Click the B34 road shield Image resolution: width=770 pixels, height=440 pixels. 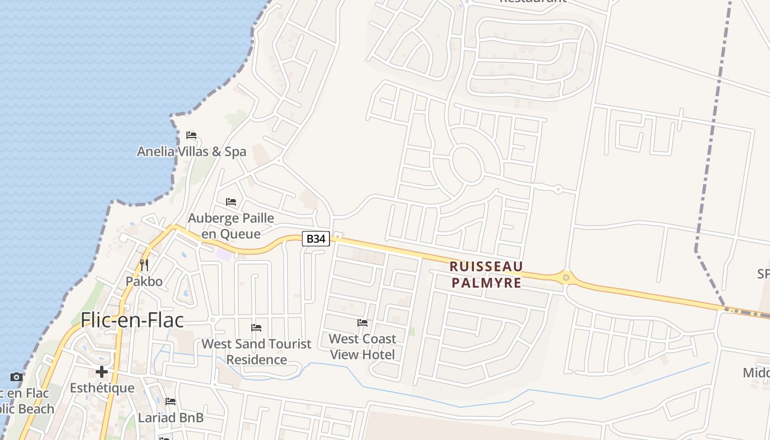click(316, 239)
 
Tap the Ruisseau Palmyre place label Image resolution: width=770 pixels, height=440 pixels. click(486, 274)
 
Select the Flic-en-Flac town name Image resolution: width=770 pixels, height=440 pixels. click(132, 320)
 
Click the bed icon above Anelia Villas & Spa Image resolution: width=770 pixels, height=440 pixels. click(191, 135)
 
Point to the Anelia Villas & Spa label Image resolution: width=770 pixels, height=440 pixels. click(191, 151)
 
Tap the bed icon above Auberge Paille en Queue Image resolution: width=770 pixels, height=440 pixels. click(231, 202)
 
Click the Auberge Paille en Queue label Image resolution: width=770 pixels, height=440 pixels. click(231, 226)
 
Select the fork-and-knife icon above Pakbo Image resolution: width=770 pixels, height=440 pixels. click(144, 265)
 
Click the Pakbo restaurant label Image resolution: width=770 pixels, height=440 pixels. click(144, 282)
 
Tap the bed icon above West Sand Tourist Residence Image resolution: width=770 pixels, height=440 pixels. click(256, 328)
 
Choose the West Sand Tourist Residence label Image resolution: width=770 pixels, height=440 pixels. click(256, 351)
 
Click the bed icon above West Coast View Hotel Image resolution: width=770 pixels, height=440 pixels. click(362, 322)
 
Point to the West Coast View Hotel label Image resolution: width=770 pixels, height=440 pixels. click(362, 346)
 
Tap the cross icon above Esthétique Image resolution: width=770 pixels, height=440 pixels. click(102, 372)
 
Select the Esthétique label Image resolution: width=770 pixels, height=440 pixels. click(102, 388)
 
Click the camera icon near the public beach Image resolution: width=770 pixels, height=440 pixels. click(16, 377)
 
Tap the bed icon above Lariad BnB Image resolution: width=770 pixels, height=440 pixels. click(170, 402)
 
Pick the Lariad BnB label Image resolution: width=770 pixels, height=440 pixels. click(170, 417)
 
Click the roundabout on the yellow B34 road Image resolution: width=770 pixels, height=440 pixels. click(566, 277)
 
